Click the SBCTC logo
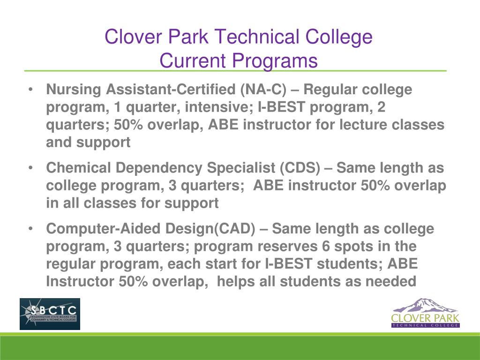(x=50, y=314)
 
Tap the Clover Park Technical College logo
(x=426, y=313)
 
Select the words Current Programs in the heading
(x=239, y=60)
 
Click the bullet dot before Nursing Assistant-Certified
(x=30, y=89)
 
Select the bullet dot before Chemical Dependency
(x=30, y=167)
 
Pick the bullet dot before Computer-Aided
(x=30, y=229)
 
